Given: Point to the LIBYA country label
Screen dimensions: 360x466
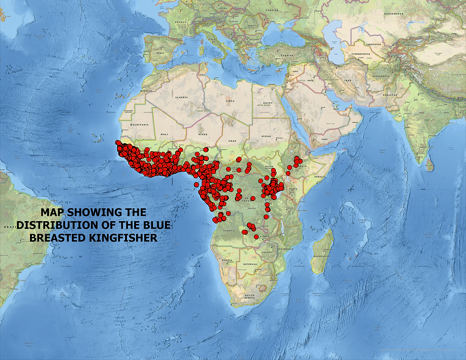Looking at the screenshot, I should pos(230,101).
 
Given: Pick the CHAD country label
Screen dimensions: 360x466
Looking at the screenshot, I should pos(232,141).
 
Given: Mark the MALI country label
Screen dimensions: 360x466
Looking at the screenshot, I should pos(165,135).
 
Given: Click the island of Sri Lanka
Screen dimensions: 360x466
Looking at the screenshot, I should pos(430,165).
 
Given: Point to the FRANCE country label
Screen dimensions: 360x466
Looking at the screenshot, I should pos(180,22).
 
